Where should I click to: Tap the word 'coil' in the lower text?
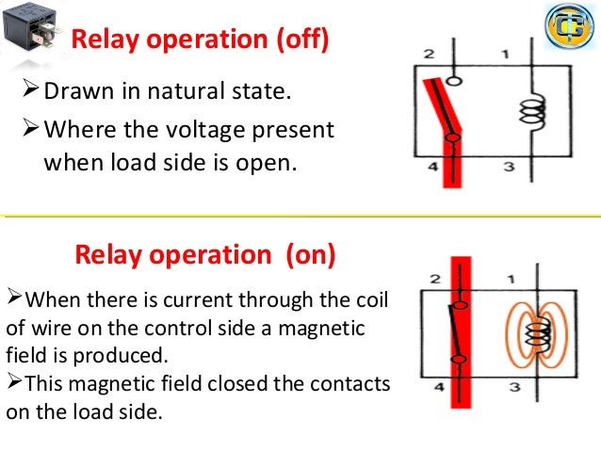368,301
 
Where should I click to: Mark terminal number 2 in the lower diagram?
434,280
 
